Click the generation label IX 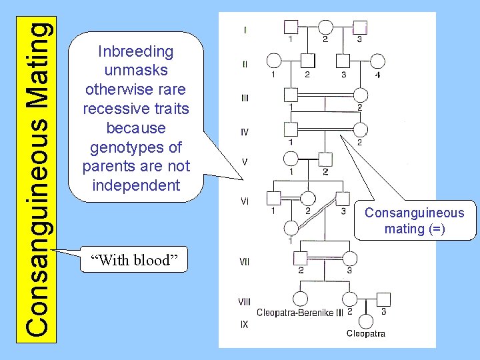(x=244, y=325)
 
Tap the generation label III (x=245, y=98)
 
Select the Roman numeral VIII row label (x=245, y=302)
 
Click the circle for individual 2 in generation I (x=325, y=27)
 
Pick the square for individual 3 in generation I (x=360, y=27)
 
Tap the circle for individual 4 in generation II (x=377, y=61)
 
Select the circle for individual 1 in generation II (x=273, y=61)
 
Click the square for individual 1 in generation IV (x=290, y=128)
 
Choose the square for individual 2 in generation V (x=325, y=159)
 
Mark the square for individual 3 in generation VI (x=342, y=198)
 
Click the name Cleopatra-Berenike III (x=300, y=313)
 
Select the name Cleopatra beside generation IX (x=365, y=333)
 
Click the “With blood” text (x=133, y=260)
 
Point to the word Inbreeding (x=135, y=51)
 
